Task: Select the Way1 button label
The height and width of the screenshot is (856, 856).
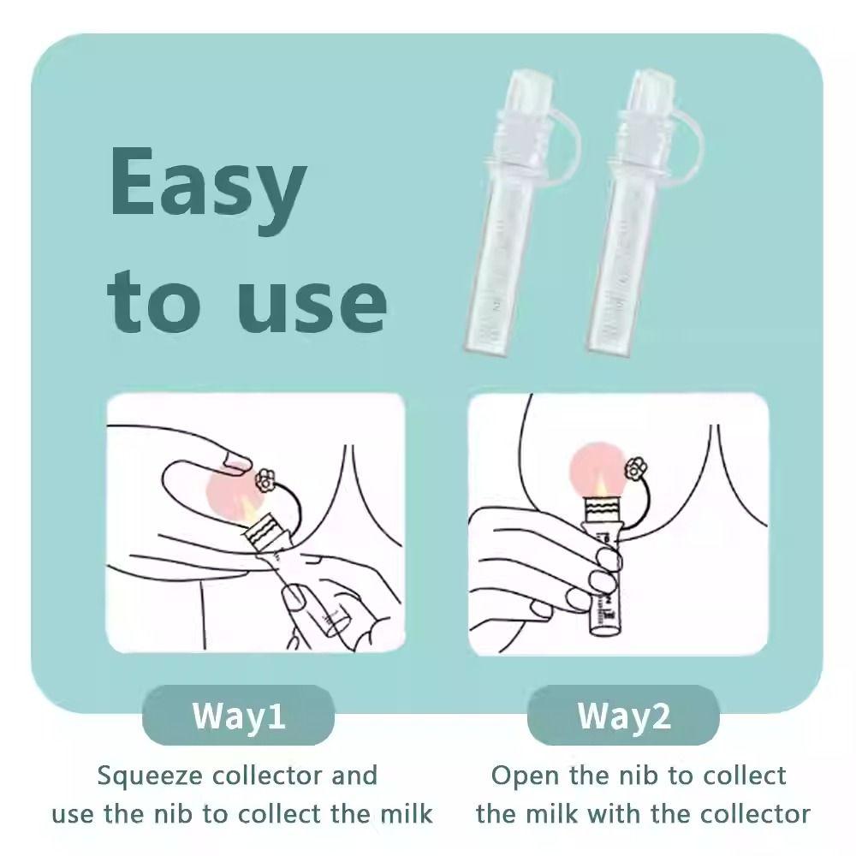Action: tap(238, 715)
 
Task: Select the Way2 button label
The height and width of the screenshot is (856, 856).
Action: tap(624, 715)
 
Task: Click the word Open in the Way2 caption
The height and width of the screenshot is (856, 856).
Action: tap(518, 776)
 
